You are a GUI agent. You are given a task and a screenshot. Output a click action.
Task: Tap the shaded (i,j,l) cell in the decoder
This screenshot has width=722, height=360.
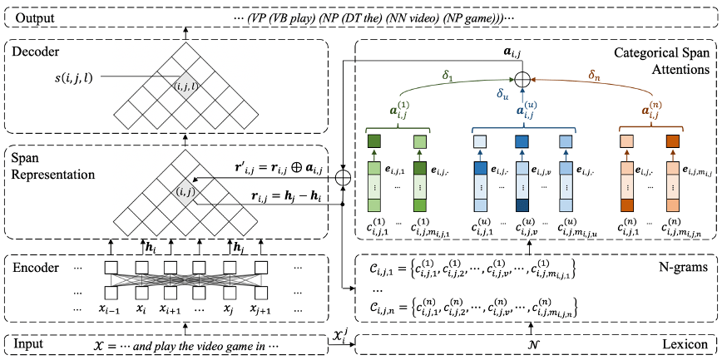pyautogui.click(x=185, y=85)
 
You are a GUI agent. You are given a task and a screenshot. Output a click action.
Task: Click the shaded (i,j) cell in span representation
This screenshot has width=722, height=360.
pyautogui.click(x=185, y=192)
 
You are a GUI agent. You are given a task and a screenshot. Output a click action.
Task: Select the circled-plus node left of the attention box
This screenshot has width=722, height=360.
pyautogui.click(x=342, y=177)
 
